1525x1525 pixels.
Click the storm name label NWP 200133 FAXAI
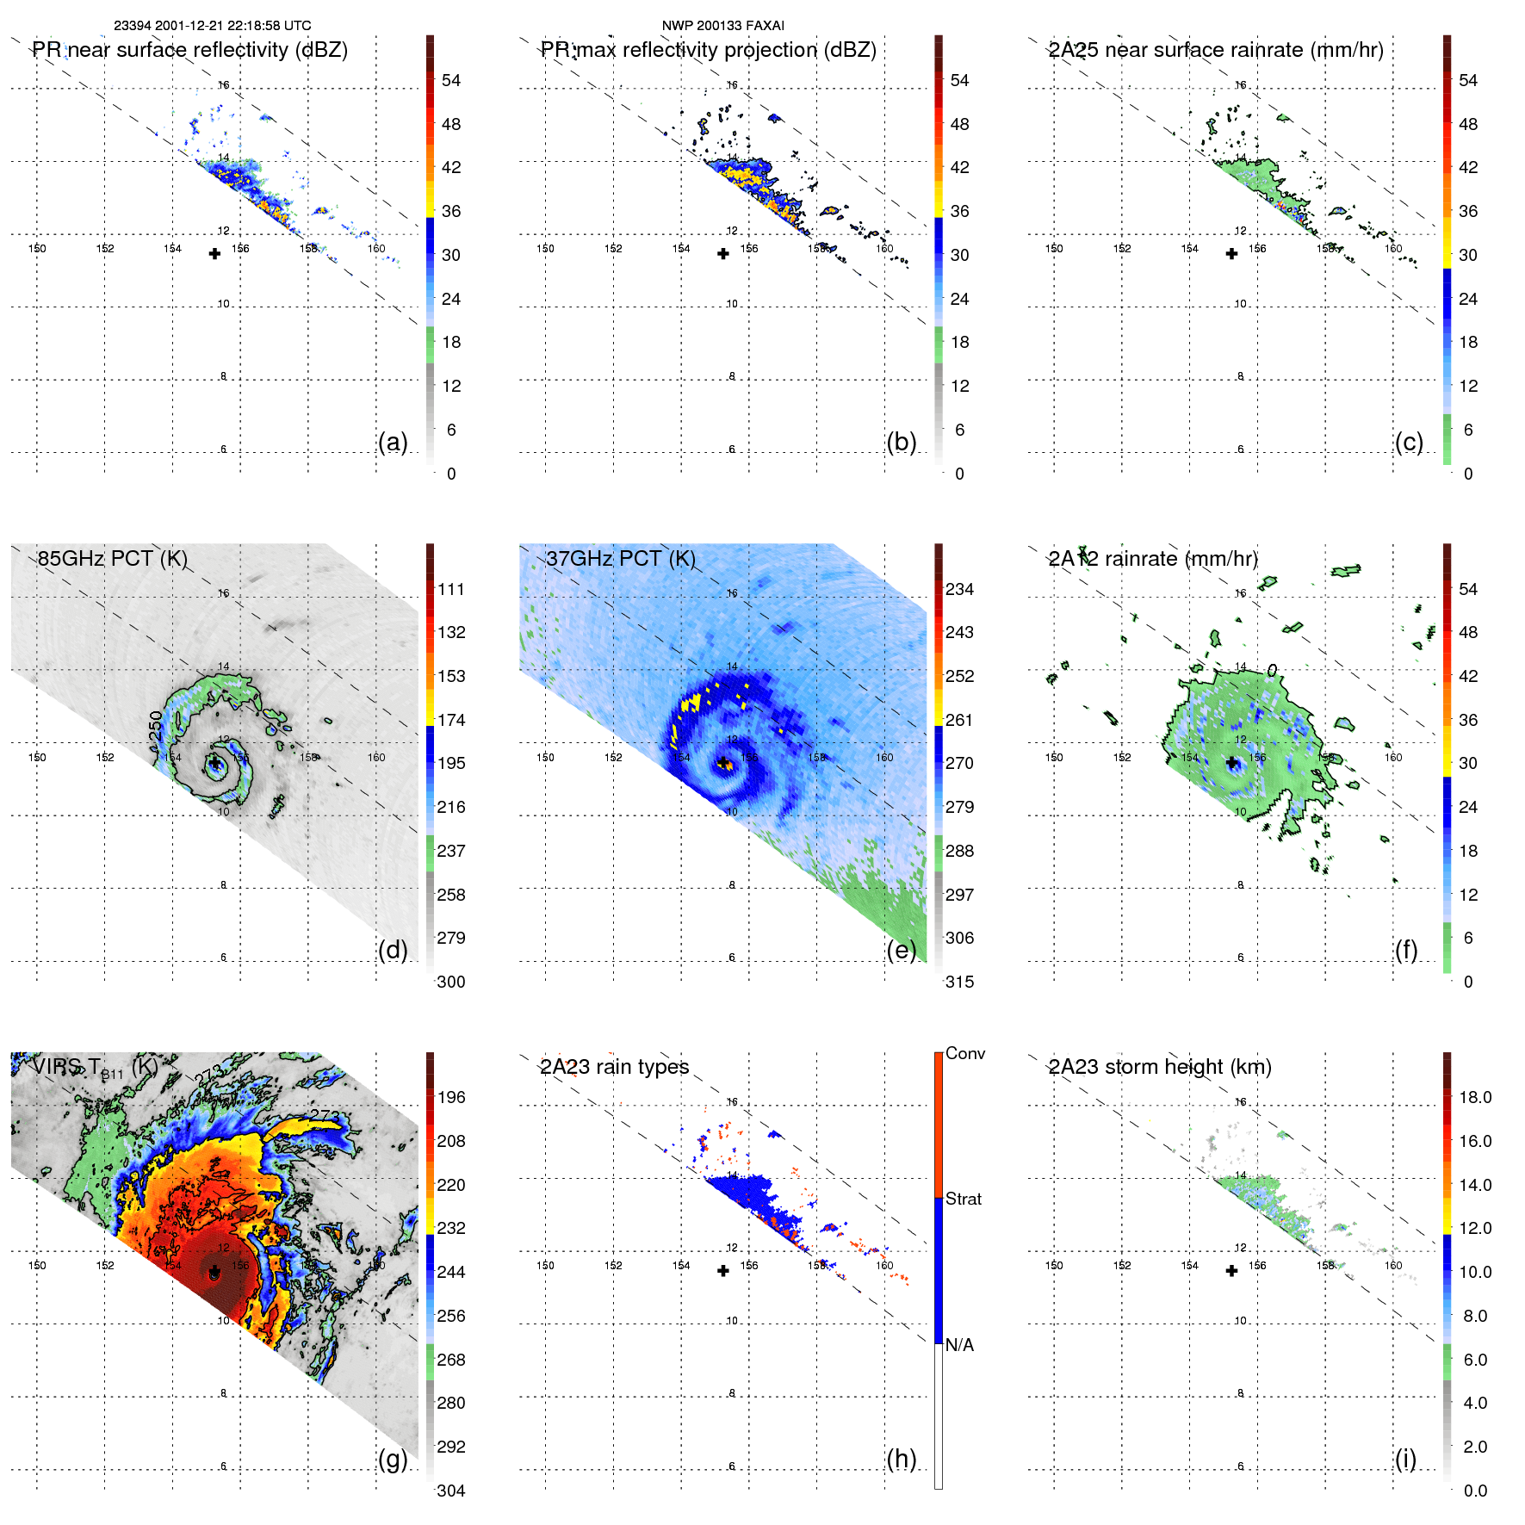[x=722, y=26]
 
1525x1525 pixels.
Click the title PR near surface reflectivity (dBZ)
[x=190, y=50]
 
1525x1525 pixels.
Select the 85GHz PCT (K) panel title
[x=113, y=559]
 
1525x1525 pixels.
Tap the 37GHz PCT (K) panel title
[x=620, y=559]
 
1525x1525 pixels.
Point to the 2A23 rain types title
[x=614, y=1067]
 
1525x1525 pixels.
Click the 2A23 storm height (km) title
[x=1160, y=1067]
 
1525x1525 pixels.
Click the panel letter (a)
[x=393, y=443]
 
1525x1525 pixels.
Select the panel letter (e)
[x=901, y=951]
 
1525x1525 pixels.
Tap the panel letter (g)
[x=393, y=1459]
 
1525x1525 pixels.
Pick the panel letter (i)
[x=1405, y=1459]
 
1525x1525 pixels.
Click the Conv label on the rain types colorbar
[x=965, y=1053]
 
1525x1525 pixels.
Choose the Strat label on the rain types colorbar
[x=964, y=1199]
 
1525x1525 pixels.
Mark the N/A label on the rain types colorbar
[x=960, y=1345]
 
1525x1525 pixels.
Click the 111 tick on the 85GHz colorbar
[x=451, y=589]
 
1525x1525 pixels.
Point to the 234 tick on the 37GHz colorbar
[x=959, y=589]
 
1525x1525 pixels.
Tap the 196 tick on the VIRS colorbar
[x=451, y=1097]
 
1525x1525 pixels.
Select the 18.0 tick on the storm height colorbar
[x=1475, y=1097]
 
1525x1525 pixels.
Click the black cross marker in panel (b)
[x=723, y=254]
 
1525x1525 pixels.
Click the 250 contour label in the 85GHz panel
[x=155, y=726]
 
